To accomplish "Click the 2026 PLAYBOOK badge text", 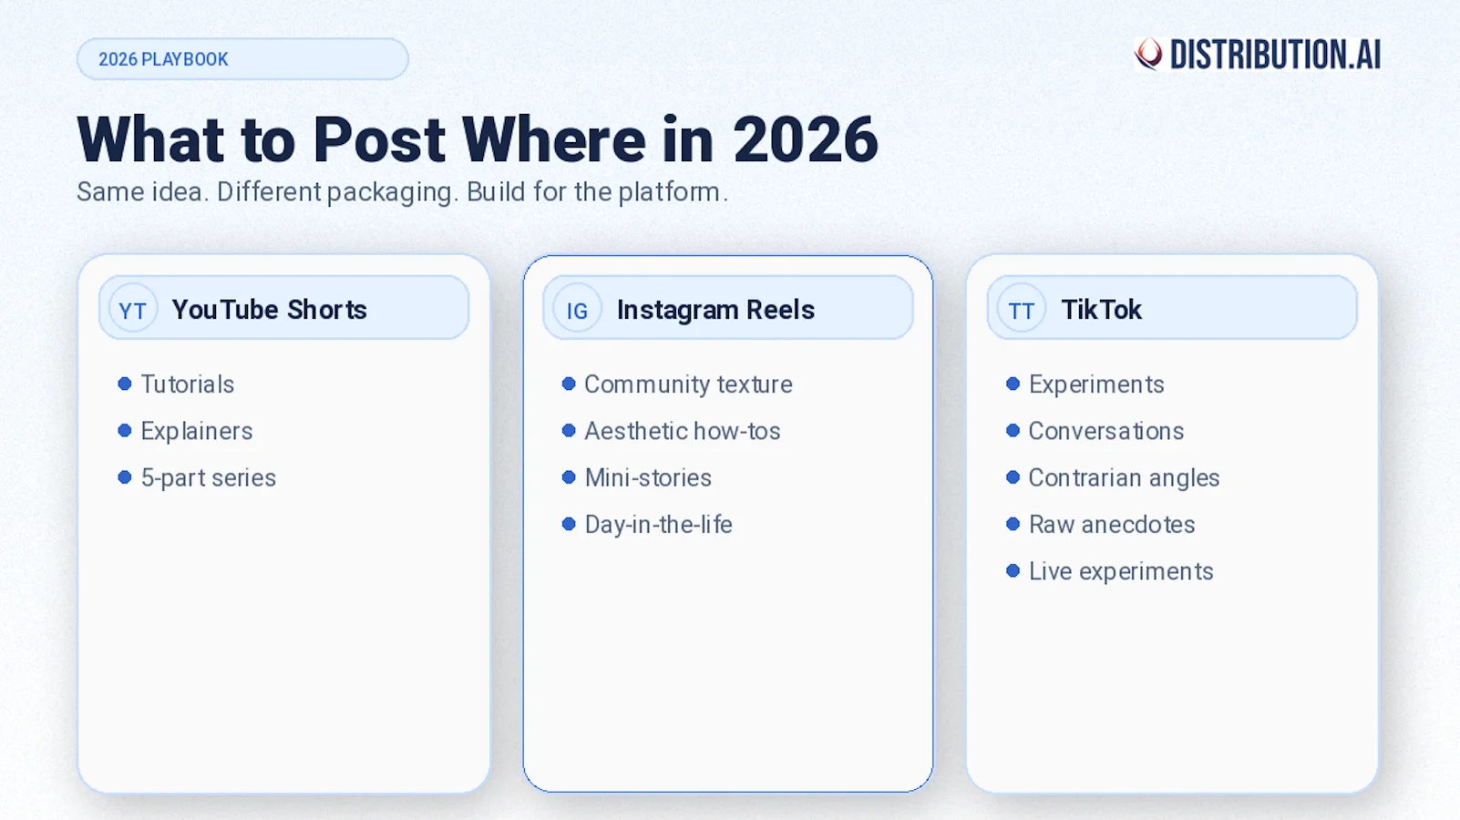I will click(x=163, y=59).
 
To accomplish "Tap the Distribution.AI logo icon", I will click(x=1148, y=54).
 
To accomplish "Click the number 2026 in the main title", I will click(x=805, y=140).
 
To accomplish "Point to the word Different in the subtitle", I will click(x=269, y=192).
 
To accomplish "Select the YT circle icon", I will click(x=133, y=310).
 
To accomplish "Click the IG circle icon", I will click(x=577, y=310).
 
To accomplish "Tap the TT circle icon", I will click(x=1021, y=310).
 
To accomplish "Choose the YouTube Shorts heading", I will click(x=269, y=310).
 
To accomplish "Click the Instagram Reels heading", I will click(x=715, y=310).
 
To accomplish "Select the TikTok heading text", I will click(x=1101, y=310).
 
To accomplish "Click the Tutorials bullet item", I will click(x=187, y=384).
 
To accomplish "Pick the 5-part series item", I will click(x=208, y=478).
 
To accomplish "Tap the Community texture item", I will click(x=688, y=384).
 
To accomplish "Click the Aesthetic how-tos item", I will click(x=682, y=431).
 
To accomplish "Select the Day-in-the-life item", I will click(x=658, y=525).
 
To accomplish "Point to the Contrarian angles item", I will click(x=1124, y=478).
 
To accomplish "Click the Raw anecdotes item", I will click(x=1111, y=525).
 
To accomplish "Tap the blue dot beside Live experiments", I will click(x=1013, y=571).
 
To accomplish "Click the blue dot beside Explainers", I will click(x=125, y=431).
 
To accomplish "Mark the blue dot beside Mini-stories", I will click(x=569, y=477).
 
